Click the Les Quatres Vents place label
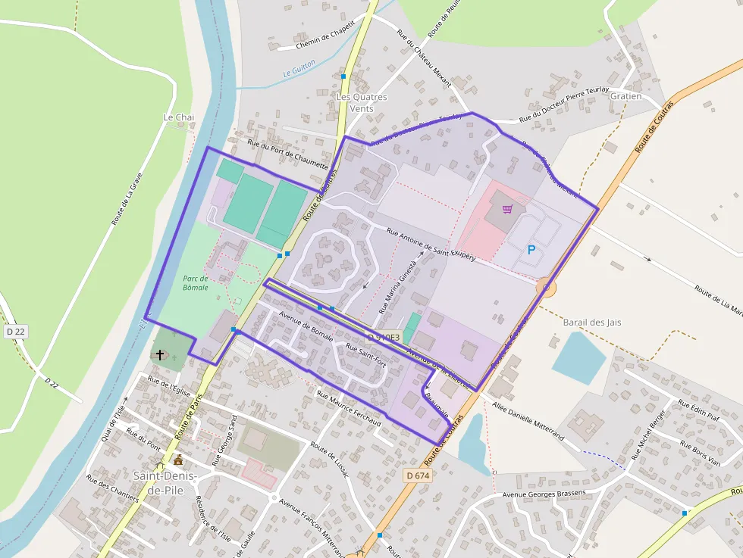coord(361,102)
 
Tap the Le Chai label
coord(179,117)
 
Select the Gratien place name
coord(625,96)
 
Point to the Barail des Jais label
coord(592,322)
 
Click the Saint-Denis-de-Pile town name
coord(165,482)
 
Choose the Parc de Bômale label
coord(195,282)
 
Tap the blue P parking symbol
coord(531,249)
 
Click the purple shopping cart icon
coord(507,209)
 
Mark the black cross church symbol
coord(160,354)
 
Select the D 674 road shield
coord(417,475)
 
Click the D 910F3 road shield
coord(383,338)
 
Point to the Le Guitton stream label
coord(299,73)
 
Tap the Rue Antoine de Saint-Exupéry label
coord(431,245)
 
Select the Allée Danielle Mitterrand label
coord(528,422)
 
